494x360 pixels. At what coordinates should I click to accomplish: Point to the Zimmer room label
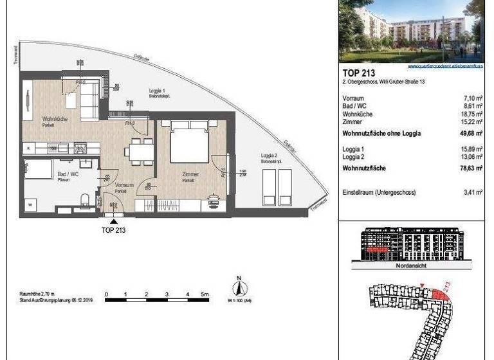pos(190,174)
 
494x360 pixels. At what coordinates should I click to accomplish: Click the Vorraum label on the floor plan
pos(124,185)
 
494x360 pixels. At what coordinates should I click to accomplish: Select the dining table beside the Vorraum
pos(139,151)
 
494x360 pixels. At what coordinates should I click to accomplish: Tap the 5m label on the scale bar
pos(205,294)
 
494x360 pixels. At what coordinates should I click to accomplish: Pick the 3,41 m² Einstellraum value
pos(474,191)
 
